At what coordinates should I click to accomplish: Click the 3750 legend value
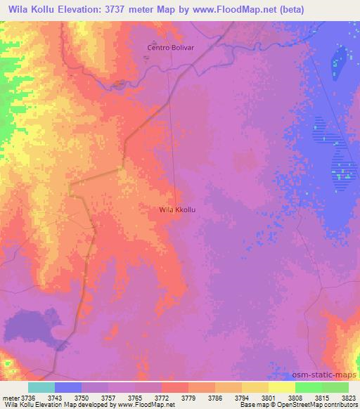[82, 397]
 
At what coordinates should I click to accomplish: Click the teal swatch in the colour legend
[41, 387]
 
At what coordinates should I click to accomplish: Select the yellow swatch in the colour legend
[281, 387]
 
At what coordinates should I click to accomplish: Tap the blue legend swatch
[68, 387]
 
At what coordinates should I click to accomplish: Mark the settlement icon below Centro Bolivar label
[147, 57]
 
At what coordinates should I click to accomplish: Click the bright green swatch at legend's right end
[335, 387]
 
